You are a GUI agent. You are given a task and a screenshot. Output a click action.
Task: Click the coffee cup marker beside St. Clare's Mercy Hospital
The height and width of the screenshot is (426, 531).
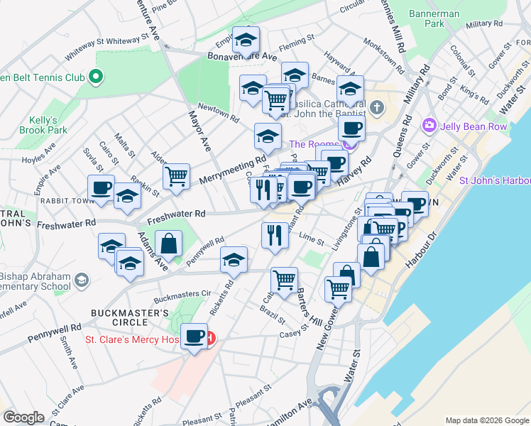pyautogui.click(x=194, y=337)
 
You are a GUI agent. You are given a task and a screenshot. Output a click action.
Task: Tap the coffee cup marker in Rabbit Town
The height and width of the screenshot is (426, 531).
pyautogui.click(x=101, y=188)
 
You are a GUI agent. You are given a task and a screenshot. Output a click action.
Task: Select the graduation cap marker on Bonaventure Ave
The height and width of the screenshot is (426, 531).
pyautogui.click(x=246, y=40)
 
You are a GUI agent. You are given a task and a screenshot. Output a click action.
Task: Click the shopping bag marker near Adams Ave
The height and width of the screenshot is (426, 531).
pyautogui.click(x=170, y=244)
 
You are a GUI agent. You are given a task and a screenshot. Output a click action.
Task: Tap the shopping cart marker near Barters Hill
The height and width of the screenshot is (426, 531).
pyautogui.click(x=284, y=279)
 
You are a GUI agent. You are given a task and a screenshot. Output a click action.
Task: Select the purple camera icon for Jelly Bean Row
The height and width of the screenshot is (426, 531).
pyautogui.click(x=429, y=126)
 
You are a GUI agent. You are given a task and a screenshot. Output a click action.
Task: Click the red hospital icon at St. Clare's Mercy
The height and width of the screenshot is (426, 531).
pyautogui.click(x=210, y=339)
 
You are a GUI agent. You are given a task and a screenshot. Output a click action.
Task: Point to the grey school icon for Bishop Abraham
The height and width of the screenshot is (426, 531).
pyautogui.click(x=82, y=280)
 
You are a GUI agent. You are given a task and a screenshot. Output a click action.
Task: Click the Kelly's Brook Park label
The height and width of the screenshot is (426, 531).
pyautogui.click(x=43, y=125)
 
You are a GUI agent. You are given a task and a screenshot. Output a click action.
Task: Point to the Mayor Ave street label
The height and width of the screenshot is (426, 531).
pyautogui.click(x=199, y=128)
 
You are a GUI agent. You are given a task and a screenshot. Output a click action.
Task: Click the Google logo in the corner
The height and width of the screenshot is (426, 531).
pyautogui.click(x=23, y=417)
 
